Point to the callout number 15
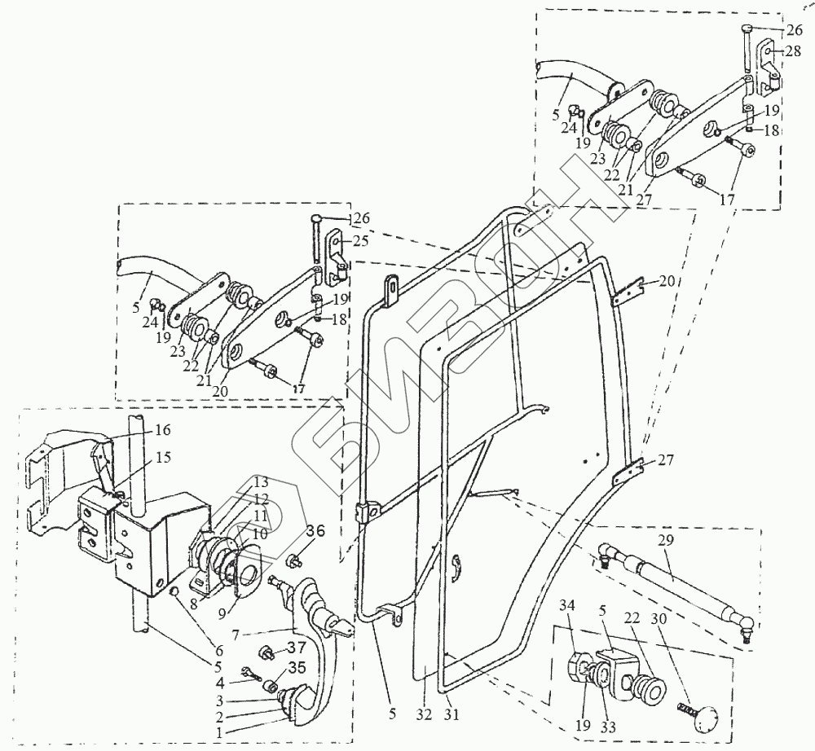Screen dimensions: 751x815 (163, 458)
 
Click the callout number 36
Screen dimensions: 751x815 (315, 530)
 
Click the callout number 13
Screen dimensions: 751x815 (237, 480)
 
